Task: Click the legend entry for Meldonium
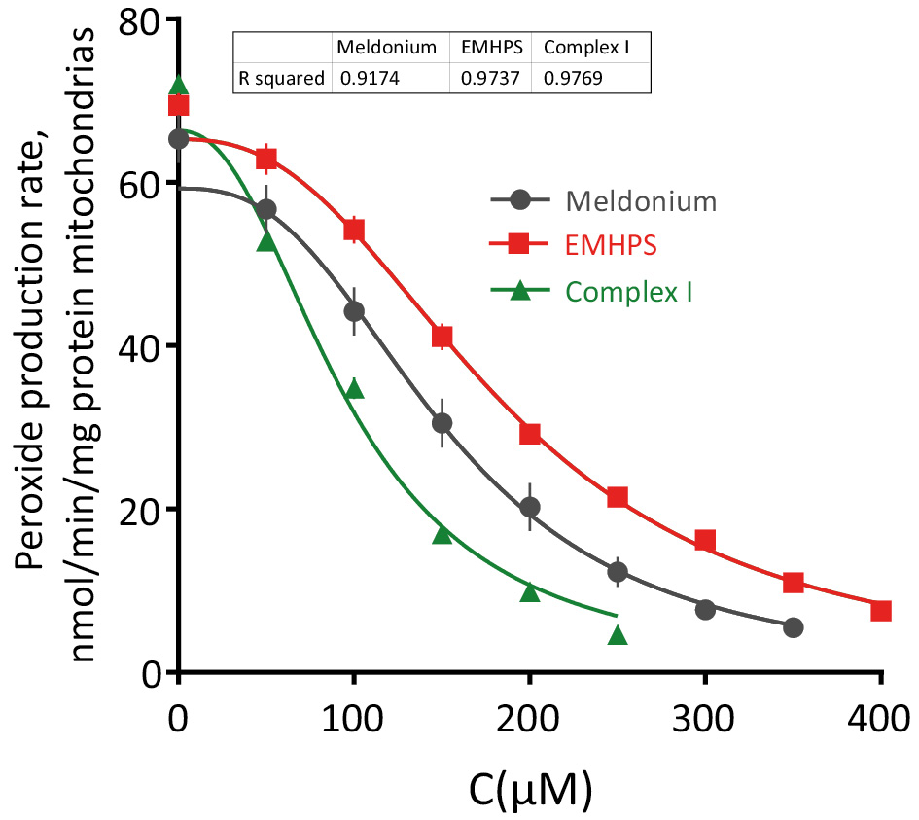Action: pos(641,201)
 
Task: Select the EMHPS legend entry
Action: pos(611,246)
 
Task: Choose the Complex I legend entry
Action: pos(628,290)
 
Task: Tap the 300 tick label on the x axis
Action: pos(704,721)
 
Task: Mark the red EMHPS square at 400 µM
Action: pos(881,611)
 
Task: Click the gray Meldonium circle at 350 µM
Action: pos(794,627)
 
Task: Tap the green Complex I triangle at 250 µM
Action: pos(618,636)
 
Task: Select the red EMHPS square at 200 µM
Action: pos(530,434)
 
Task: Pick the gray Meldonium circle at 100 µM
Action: pos(354,311)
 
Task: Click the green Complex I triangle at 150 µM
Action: pos(442,534)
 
